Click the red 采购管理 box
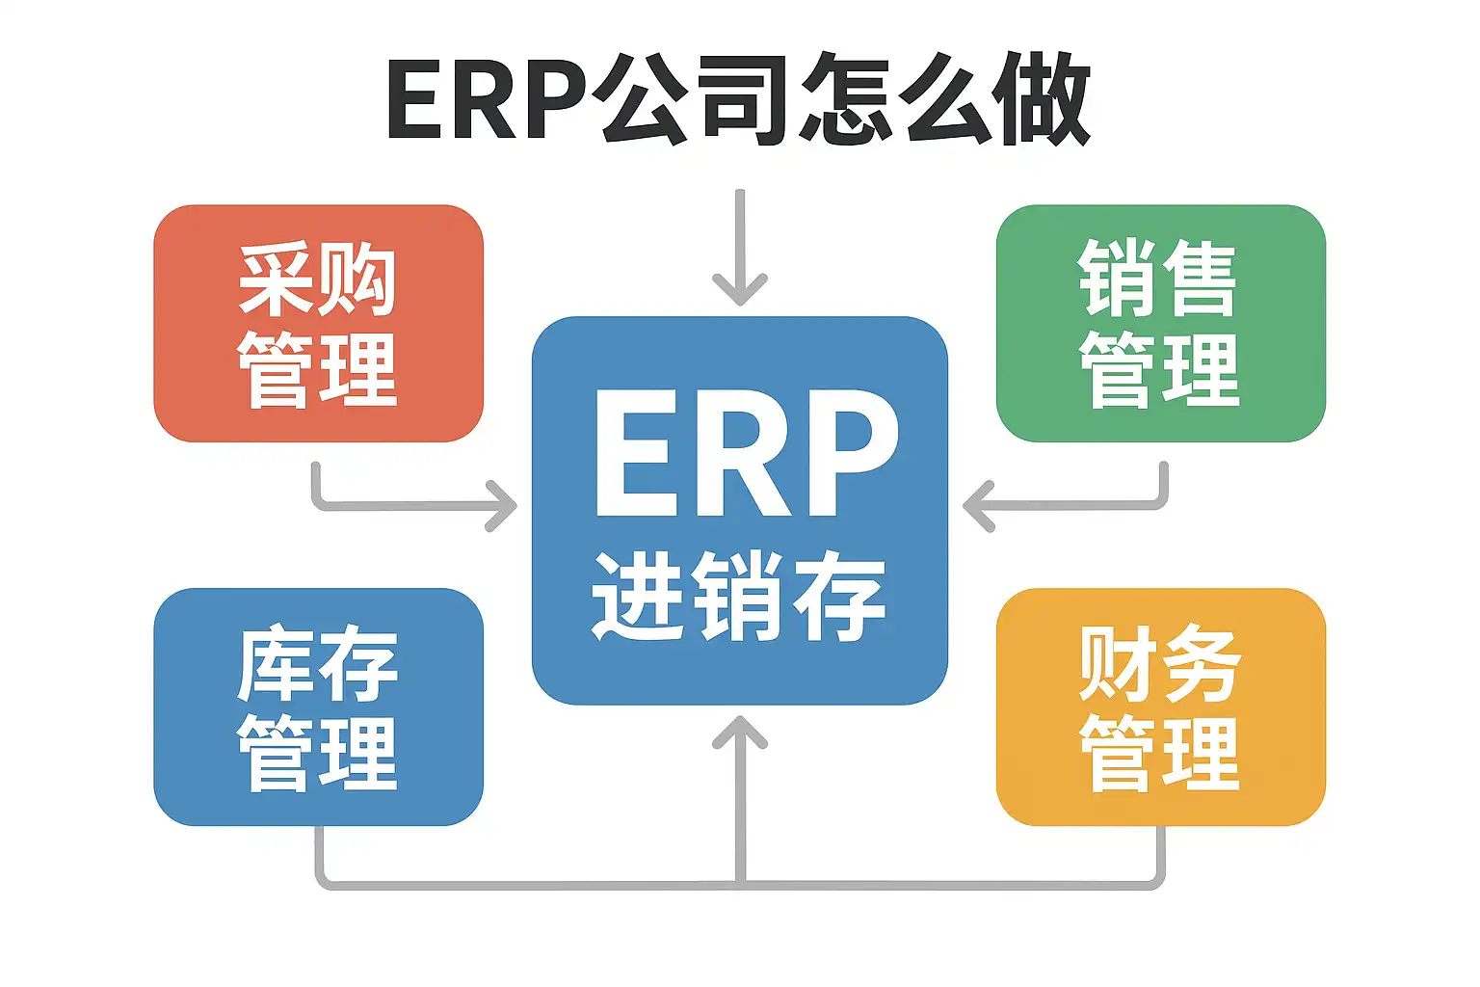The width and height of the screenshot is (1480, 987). coord(318,324)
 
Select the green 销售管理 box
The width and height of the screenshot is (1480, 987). coord(1160,324)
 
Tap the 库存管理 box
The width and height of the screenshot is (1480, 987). coord(318,707)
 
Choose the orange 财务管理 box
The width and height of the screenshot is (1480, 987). coord(1160,707)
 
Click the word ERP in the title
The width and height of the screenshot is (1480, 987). coord(487,100)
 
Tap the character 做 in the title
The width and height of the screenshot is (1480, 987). coord(1044,100)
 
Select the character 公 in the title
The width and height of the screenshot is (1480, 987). coord(641,100)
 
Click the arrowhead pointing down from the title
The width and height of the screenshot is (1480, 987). coord(740,288)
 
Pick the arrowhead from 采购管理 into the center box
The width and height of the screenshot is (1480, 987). coord(502,505)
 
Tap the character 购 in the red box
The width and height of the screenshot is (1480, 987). coord(358,280)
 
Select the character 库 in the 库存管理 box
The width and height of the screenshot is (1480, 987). coord(277,664)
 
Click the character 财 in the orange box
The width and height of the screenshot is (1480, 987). coord(1118,664)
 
